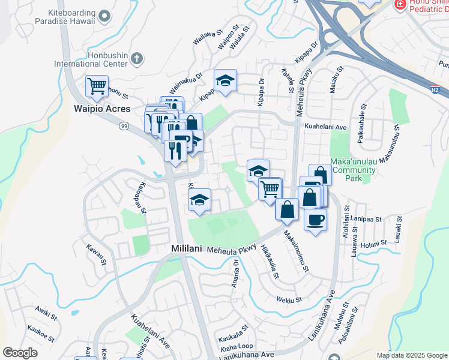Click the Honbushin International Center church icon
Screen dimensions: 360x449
137,59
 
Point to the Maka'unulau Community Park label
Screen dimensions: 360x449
354,170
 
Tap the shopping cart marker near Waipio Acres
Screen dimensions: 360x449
97,85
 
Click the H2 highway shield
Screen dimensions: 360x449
435,89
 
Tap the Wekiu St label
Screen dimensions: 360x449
288,299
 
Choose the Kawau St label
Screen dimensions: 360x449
95,255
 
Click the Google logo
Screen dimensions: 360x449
20,353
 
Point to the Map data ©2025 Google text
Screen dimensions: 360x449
411,355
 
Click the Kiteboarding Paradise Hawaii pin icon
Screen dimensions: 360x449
104,16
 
